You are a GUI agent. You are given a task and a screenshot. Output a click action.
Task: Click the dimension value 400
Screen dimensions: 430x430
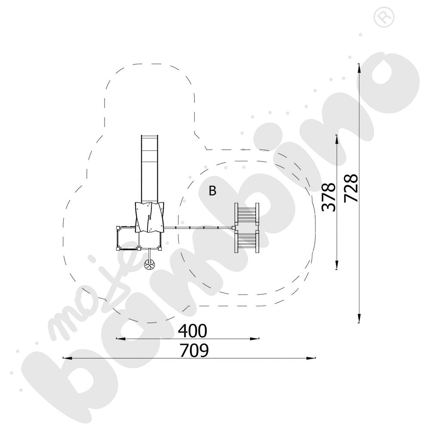pyautogui.click(x=193, y=331)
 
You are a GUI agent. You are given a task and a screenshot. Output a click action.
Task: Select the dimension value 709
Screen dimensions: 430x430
pyautogui.click(x=194, y=350)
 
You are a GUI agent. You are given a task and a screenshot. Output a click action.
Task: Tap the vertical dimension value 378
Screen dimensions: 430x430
pyautogui.click(x=329, y=197)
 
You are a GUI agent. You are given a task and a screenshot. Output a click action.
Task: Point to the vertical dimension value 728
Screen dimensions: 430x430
pyautogui.click(x=351, y=188)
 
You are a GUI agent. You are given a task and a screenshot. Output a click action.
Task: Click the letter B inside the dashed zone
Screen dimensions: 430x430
pyautogui.click(x=212, y=190)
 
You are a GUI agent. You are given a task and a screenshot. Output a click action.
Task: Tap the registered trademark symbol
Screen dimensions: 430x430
pyautogui.click(x=384, y=17)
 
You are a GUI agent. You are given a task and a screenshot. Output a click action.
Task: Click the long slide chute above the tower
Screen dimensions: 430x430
pyautogui.click(x=150, y=169)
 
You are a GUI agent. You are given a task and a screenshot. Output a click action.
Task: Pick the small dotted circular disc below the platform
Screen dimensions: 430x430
pyautogui.click(x=150, y=264)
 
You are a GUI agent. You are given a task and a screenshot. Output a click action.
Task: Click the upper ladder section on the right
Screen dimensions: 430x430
pyautogui.click(x=246, y=214)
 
